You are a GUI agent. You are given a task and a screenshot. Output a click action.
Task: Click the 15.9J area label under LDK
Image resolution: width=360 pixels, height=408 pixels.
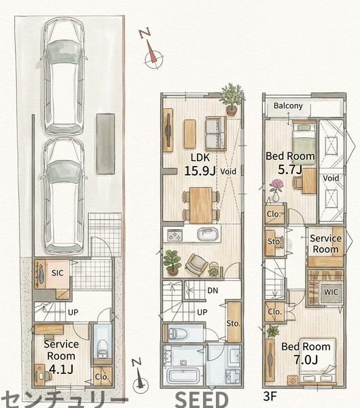pos(200,171)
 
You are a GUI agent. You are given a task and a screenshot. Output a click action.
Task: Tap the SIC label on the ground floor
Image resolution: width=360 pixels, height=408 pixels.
pos(57,273)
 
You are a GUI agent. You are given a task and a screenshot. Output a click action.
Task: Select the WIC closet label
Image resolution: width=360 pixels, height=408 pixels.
pos(331,292)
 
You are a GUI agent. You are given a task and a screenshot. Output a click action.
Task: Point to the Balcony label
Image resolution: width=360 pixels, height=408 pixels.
pos(288,105)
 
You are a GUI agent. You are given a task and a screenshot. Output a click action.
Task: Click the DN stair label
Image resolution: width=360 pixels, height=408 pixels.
pos(213,290)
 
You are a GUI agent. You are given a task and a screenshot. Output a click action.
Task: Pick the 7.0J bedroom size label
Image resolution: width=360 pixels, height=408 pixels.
pos(306,360)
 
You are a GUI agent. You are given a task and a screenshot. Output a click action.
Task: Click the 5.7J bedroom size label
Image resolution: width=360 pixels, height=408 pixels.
pos(290,169)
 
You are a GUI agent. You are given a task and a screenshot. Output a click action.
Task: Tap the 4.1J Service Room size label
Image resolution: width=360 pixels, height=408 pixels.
pos(61,369)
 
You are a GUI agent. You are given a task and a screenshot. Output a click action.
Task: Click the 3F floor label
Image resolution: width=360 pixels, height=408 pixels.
pos(270,396)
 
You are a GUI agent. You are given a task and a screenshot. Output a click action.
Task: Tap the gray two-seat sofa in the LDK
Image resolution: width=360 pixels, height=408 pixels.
pos(216,133)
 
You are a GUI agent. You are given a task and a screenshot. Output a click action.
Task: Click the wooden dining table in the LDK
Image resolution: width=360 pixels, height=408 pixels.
pos(200,205)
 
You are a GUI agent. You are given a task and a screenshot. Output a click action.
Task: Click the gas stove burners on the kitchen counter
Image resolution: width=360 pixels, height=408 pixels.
pos(174,235)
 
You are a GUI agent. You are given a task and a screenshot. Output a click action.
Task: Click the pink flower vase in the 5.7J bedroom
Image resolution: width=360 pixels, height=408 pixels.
pos(276,190)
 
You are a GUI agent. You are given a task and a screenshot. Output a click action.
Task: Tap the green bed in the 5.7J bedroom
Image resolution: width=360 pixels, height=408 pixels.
pos(304,142)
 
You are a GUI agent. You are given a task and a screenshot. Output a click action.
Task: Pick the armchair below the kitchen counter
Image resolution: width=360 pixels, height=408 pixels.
pos(196,265)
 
